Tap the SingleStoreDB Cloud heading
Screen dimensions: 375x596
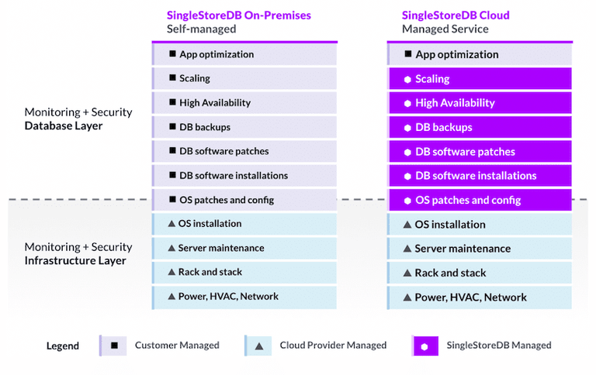(456, 15)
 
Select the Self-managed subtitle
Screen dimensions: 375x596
(201, 29)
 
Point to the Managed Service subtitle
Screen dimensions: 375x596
(445, 29)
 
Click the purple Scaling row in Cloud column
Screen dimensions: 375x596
(479, 79)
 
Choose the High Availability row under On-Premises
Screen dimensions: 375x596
(244, 102)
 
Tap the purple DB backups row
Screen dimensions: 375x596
(479, 127)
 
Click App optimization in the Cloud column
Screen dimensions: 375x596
(479, 54)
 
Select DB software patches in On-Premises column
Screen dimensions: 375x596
(244, 151)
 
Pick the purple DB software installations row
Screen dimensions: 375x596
(479, 176)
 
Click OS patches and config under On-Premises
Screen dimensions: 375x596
(244, 200)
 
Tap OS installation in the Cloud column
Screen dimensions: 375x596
(479, 225)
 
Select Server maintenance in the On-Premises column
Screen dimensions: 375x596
(244, 248)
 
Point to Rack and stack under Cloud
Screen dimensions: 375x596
(479, 273)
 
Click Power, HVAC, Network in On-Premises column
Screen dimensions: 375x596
(244, 296)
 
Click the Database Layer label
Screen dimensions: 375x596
(64, 126)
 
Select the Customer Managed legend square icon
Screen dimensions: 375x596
(114, 345)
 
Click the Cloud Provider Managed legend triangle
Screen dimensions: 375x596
(258, 345)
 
